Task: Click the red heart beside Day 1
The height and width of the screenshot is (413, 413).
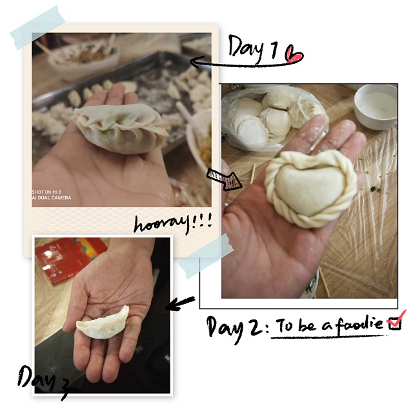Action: [x=294, y=54]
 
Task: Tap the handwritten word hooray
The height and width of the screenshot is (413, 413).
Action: [x=162, y=225]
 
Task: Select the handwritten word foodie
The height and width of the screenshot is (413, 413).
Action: [x=359, y=325]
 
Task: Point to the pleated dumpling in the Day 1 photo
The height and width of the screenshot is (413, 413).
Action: [x=120, y=128]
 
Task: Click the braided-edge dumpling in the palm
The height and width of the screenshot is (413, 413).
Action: [x=310, y=188]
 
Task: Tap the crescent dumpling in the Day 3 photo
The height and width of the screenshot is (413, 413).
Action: [x=103, y=323]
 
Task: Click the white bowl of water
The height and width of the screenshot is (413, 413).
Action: [x=376, y=106]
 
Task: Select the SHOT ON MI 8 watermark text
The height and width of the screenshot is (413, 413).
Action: [x=47, y=192]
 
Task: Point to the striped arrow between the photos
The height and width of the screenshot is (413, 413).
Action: [x=224, y=179]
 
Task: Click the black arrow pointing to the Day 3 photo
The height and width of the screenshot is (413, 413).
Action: [x=181, y=304]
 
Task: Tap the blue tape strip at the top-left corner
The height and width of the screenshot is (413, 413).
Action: [x=37, y=28]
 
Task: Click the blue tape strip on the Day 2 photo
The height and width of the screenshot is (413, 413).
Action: [x=205, y=256]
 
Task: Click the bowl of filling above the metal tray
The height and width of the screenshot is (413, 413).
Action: [x=85, y=57]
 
